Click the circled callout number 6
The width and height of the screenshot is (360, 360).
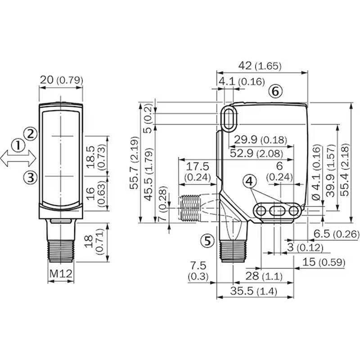pos(275,91)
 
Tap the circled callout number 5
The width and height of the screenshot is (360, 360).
pos(207,241)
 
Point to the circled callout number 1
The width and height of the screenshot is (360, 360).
pos(18,145)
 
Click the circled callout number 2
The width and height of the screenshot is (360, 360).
pos(30,133)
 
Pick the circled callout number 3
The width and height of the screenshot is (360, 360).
pos(31,177)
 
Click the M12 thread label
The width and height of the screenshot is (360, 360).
pos(61,274)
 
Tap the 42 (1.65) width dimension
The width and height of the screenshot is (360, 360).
pos(260,66)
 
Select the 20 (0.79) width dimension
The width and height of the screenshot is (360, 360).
pos(61,80)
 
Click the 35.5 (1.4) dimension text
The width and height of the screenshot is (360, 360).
pos(253,291)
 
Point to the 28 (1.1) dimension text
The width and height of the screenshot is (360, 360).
pos(264,276)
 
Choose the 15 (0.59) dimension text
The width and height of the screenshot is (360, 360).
pos(324,262)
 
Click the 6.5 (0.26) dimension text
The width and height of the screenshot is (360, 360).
pos(336,234)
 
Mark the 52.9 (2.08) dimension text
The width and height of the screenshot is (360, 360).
pos(256,153)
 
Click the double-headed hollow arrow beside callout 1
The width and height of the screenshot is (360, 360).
pos(18,158)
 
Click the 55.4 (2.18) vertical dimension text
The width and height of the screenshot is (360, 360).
pos(344,170)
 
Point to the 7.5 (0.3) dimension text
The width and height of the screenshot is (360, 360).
pos(198,271)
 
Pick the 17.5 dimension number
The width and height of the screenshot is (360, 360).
pos(198,166)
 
